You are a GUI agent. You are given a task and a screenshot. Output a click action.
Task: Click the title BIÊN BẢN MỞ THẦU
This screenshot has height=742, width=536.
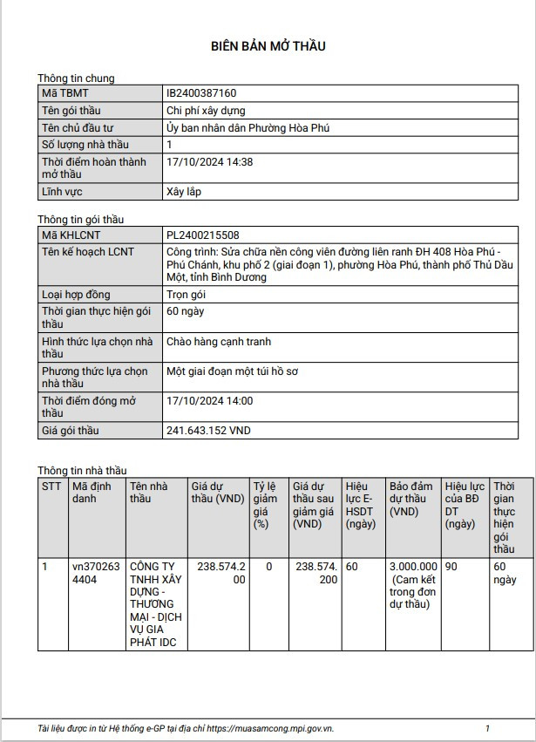click(x=268, y=46)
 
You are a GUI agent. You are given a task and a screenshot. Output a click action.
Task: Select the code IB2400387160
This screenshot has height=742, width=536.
click(x=201, y=93)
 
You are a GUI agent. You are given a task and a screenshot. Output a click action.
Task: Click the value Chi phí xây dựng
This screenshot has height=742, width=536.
click(x=206, y=111)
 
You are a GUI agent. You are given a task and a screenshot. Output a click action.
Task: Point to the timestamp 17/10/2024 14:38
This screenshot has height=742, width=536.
click(x=209, y=162)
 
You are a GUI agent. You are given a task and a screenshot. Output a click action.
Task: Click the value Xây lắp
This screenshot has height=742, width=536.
click(x=185, y=192)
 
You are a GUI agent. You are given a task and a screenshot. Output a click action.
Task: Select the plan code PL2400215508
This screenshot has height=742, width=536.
click(x=202, y=235)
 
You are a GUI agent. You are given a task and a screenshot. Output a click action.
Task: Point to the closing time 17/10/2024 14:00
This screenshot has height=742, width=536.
click(x=209, y=401)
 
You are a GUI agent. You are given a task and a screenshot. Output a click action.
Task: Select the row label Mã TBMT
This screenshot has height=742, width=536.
click(x=65, y=93)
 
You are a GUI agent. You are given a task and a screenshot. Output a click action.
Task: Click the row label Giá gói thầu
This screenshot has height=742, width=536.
click(x=71, y=431)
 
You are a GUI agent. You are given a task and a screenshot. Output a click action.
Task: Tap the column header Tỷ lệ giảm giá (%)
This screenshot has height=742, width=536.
click(x=265, y=505)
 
